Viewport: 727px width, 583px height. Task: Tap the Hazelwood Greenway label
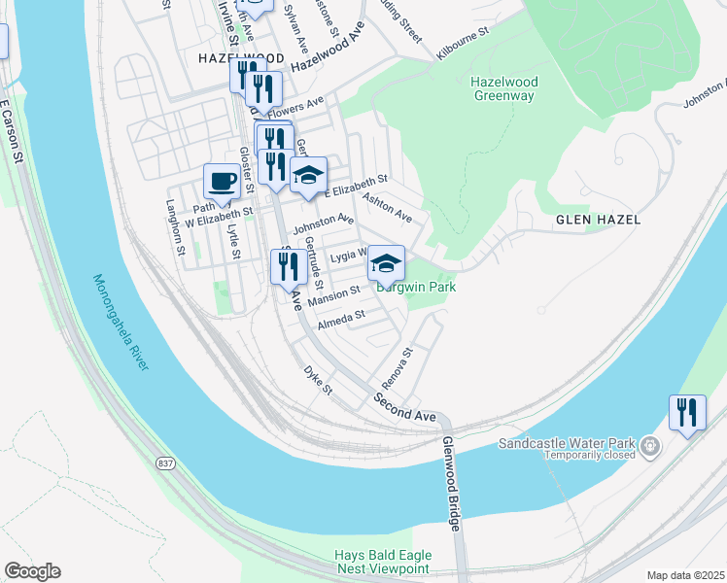(502, 88)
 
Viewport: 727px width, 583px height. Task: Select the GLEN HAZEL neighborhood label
(598, 220)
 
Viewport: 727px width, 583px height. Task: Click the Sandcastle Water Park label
(567, 443)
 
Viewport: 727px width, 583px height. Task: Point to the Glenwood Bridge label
(452, 482)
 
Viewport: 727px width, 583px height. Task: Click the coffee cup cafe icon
(223, 182)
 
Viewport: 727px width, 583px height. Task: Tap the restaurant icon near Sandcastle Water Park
(687, 413)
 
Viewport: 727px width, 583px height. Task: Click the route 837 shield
(167, 463)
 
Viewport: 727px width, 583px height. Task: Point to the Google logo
(32, 571)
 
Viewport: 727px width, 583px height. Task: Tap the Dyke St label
(318, 380)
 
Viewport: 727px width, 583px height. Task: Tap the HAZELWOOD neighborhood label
(226, 58)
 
